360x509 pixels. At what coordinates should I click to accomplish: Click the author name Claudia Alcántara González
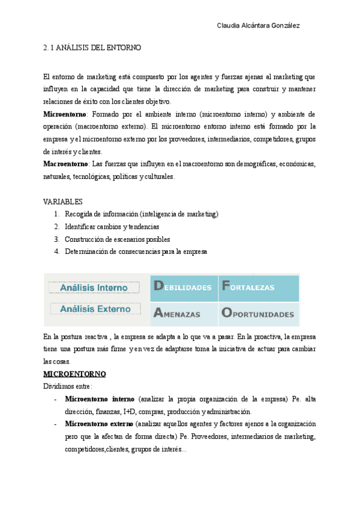coord(257,26)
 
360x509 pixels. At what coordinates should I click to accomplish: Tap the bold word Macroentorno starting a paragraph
coord(65,164)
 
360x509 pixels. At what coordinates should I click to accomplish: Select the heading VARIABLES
coord(63,202)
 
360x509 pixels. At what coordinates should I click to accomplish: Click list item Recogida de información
coord(142,214)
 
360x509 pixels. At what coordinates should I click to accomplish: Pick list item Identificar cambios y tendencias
coord(112,227)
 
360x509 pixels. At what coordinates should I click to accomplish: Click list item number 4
coord(56,252)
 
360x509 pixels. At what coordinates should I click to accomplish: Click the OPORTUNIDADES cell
coord(257,313)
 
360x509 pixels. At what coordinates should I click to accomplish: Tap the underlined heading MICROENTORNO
coord(74,374)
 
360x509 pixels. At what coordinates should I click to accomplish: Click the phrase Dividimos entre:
coord(68,387)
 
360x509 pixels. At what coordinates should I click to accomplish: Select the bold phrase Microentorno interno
coord(100,399)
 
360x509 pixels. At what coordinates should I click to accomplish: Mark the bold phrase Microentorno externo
coord(100,424)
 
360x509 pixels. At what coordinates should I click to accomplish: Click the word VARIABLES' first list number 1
coord(56,214)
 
